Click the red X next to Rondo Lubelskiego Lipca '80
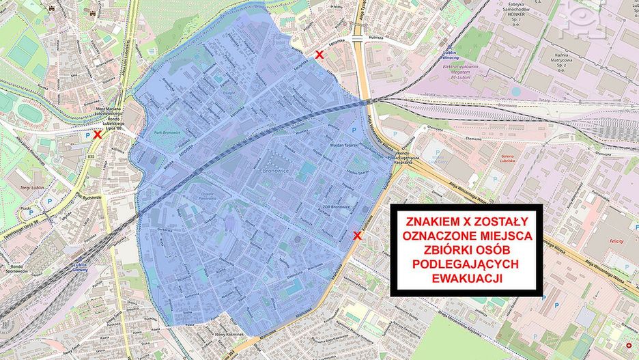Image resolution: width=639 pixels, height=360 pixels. coord(98,135)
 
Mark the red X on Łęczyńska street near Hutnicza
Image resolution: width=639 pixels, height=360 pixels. coord(319,55)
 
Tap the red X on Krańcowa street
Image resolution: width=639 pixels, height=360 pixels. coord(357,236)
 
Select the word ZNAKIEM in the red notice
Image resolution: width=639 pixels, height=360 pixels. coord(434,222)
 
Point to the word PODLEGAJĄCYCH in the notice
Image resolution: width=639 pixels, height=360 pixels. coord(467,264)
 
